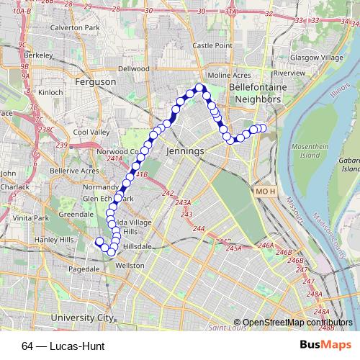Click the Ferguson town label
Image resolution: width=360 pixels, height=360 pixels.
click(x=94, y=83)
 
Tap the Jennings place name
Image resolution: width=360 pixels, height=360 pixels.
click(x=185, y=152)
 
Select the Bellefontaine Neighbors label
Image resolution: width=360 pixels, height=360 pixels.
click(x=253, y=91)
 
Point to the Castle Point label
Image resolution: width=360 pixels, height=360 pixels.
click(x=212, y=45)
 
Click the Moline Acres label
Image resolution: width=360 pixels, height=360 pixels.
click(x=229, y=74)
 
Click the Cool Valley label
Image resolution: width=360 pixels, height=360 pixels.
click(x=91, y=132)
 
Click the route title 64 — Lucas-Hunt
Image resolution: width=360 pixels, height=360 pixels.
click(x=63, y=346)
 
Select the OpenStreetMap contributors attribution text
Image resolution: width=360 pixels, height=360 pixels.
click(x=293, y=323)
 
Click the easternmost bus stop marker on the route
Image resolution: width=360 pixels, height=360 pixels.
click(x=262, y=128)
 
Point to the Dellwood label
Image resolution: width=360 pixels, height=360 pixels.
click(x=133, y=68)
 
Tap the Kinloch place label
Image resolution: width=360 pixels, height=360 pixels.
click(x=50, y=92)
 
